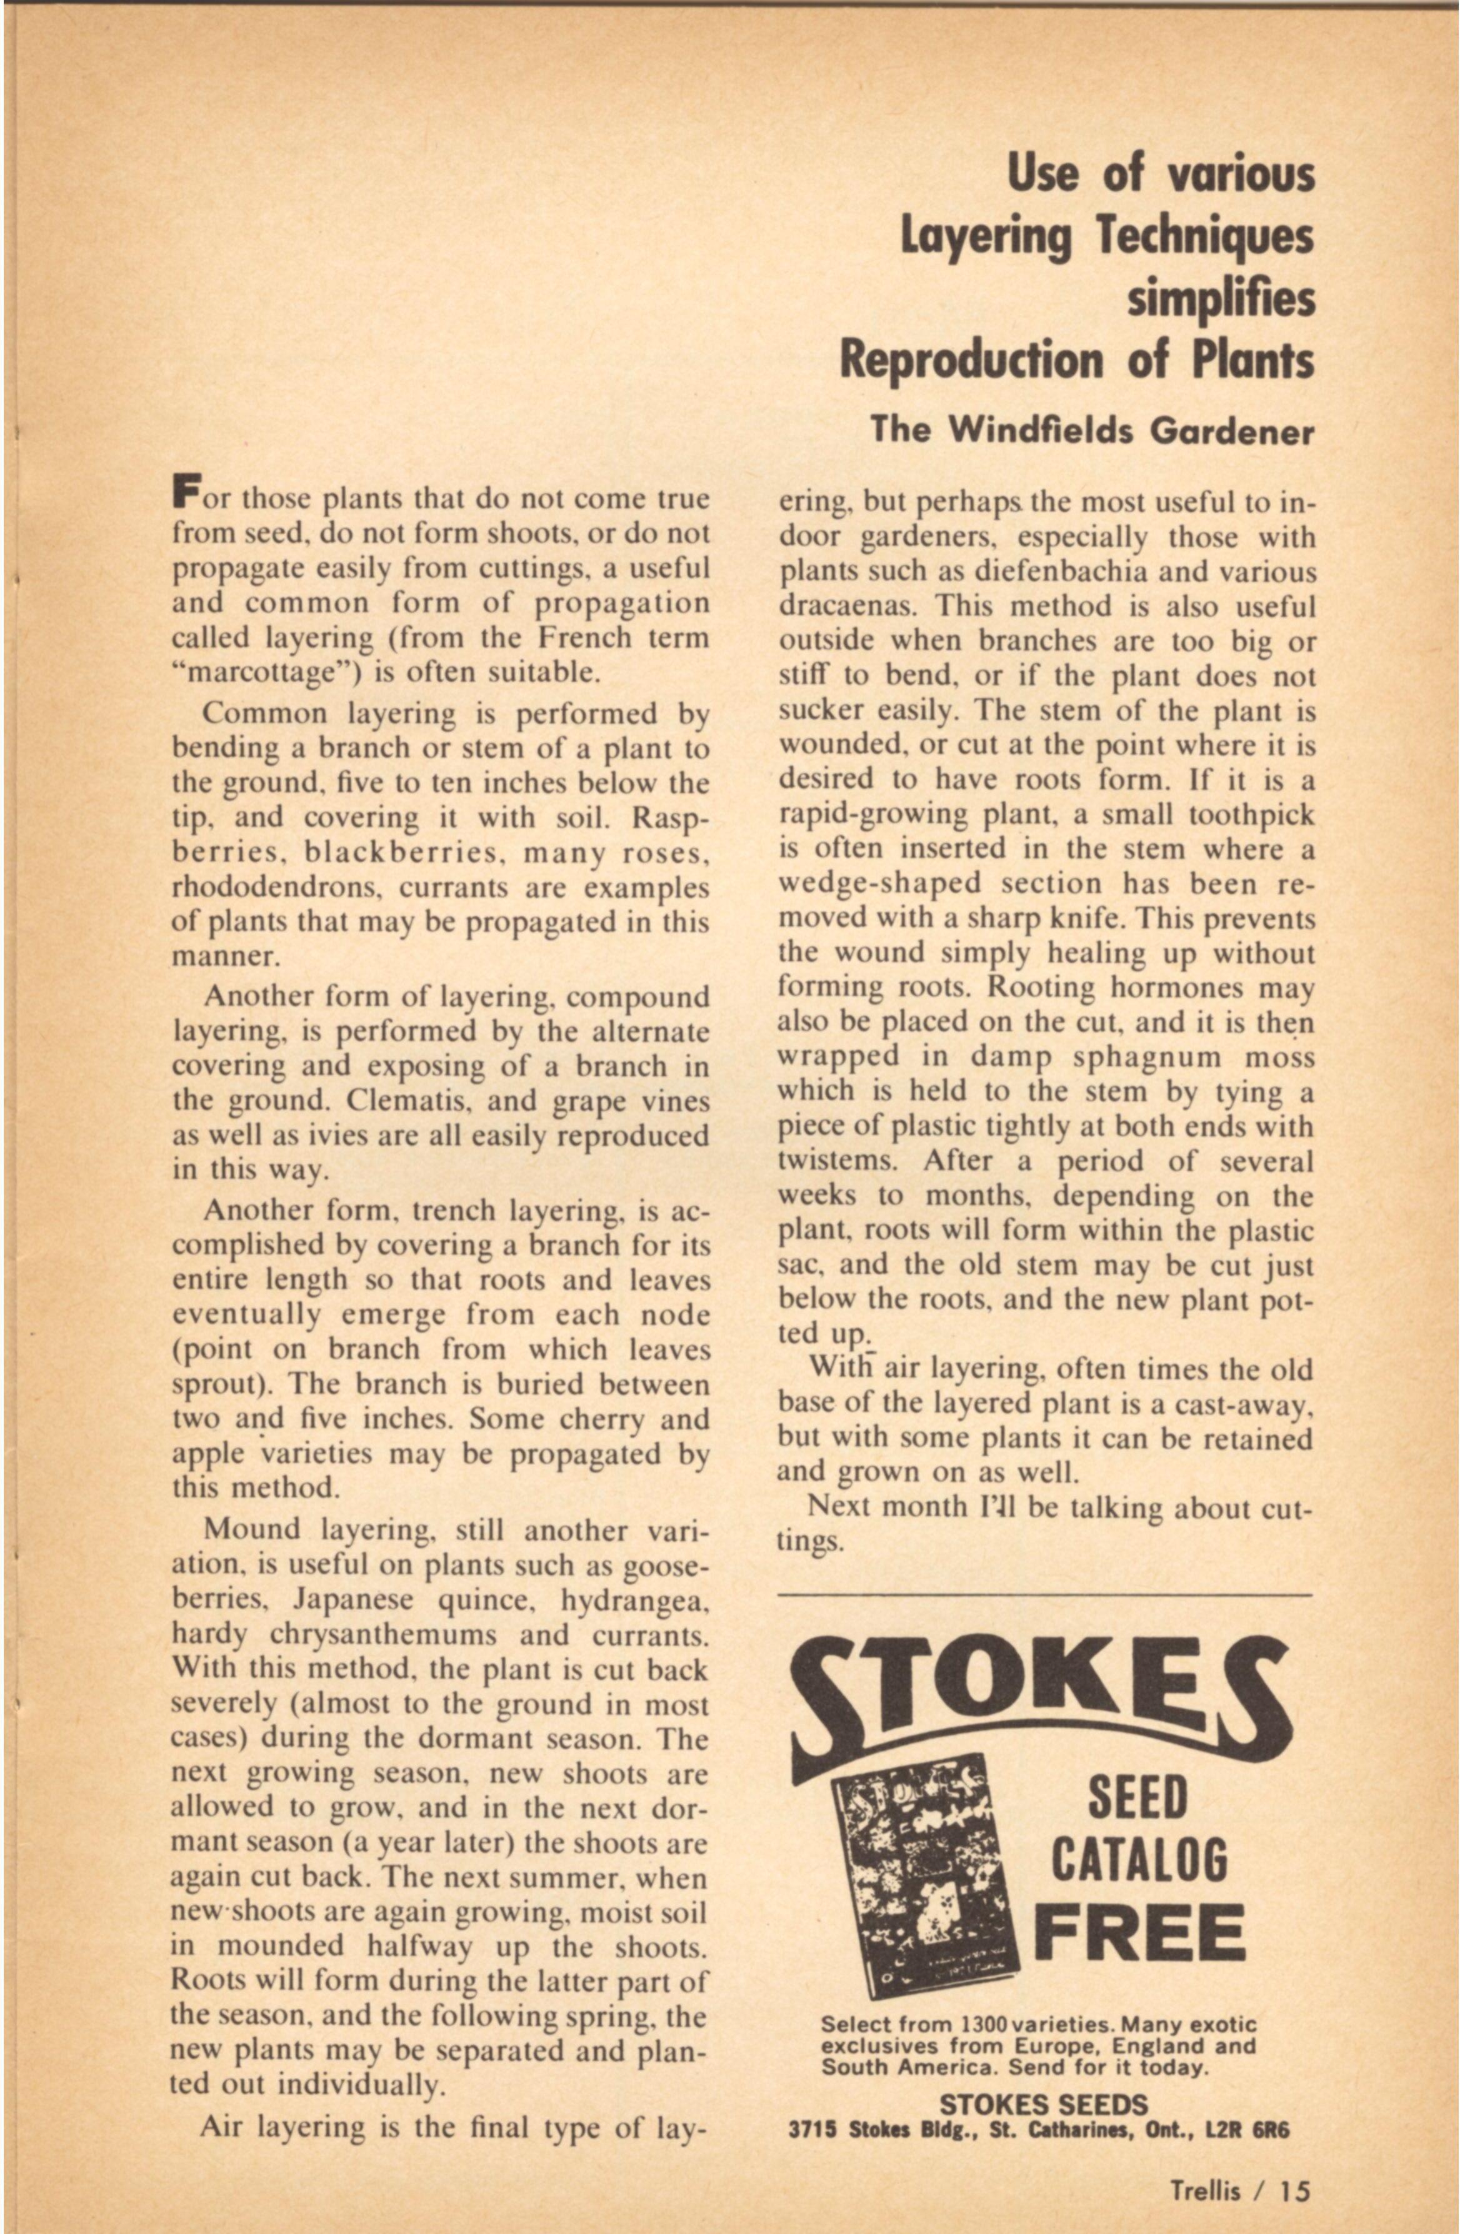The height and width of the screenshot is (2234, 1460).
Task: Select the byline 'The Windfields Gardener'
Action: (x=1092, y=431)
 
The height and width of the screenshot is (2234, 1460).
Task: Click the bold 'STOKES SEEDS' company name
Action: (x=1043, y=2105)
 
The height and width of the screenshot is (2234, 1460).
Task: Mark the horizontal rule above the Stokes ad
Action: (x=1044, y=1594)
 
